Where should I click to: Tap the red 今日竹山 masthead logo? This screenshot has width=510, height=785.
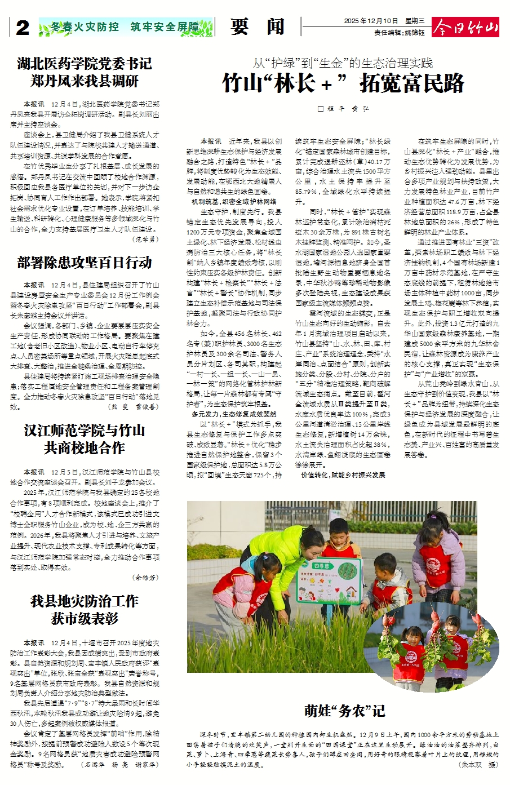click(x=465, y=27)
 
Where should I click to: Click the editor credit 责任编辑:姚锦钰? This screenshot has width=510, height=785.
click(x=400, y=33)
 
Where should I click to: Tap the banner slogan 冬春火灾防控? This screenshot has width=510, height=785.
click(x=85, y=26)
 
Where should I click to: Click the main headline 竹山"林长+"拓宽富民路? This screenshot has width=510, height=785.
click(x=343, y=83)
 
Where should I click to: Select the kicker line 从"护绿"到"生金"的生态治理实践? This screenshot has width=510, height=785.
click(x=343, y=63)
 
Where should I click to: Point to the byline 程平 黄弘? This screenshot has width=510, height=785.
click(x=343, y=109)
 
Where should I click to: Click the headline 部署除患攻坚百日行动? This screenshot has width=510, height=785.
click(x=85, y=262)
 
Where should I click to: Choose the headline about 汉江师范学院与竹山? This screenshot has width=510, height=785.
click(x=85, y=439)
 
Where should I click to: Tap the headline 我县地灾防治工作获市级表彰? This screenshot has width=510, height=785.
click(x=85, y=609)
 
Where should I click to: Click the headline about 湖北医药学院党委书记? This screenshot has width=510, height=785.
click(x=85, y=72)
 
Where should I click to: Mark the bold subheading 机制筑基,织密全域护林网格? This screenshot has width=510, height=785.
click(x=234, y=201)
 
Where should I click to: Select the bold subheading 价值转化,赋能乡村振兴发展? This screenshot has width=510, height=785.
click(x=343, y=475)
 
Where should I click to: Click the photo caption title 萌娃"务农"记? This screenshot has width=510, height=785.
click(x=344, y=711)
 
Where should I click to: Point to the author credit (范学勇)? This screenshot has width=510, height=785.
click(x=145, y=239)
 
